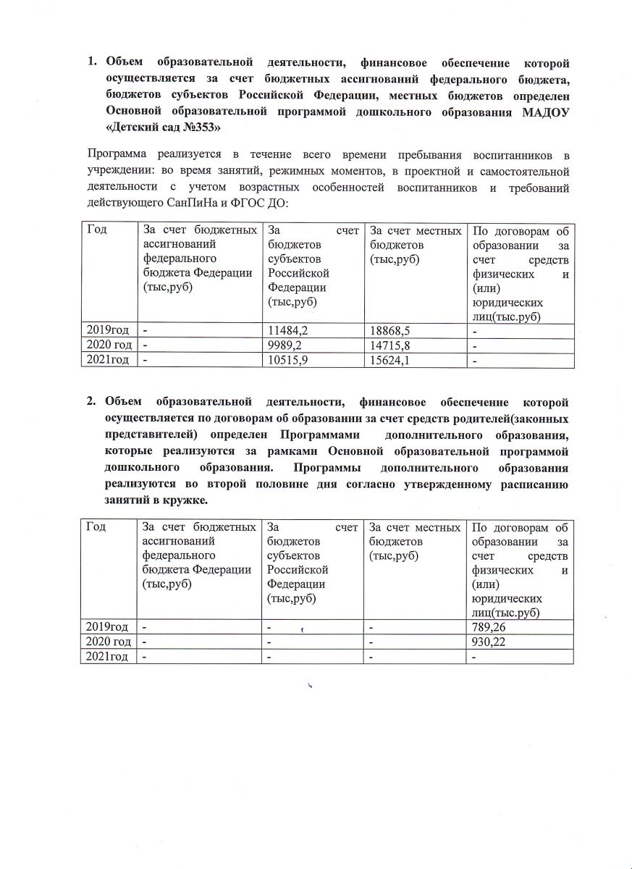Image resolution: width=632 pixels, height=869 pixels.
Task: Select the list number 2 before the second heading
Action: point(92,401)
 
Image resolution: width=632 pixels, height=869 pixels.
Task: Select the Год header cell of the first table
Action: point(97,230)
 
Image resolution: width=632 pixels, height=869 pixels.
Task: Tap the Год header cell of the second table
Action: point(96,527)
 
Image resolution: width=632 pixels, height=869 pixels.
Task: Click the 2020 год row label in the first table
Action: point(108,345)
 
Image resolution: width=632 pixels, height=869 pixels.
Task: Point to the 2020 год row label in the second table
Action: point(108,642)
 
